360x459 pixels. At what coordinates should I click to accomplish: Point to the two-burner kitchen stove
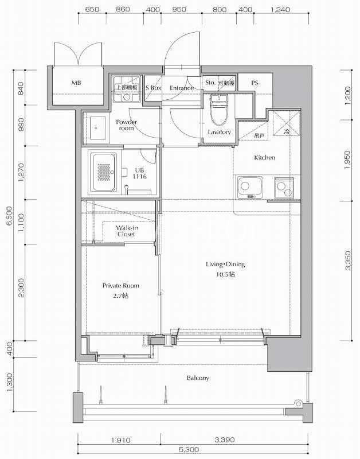[x=284, y=188]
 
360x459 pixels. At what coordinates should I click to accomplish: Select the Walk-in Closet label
[x=127, y=231]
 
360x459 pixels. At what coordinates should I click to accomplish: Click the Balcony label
[x=198, y=378]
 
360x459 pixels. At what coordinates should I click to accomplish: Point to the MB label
[x=76, y=83]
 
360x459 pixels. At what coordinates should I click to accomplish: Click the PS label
[x=255, y=83]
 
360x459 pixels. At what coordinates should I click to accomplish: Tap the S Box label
[x=153, y=88]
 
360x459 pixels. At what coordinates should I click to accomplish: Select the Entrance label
[x=182, y=88]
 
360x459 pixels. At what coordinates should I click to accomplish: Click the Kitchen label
[x=264, y=157]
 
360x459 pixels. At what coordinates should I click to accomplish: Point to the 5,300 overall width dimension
[x=193, y=449]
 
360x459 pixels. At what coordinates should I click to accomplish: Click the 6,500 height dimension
[x=10, y=216]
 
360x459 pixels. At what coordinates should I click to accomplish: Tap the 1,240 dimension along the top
[x=280, y=10]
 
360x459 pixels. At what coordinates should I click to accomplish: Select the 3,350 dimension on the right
[x=348, y=260]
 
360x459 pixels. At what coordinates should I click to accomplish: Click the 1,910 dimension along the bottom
[x=120, y=439]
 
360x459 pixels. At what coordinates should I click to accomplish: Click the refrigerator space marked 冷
[x=287, y=123]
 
